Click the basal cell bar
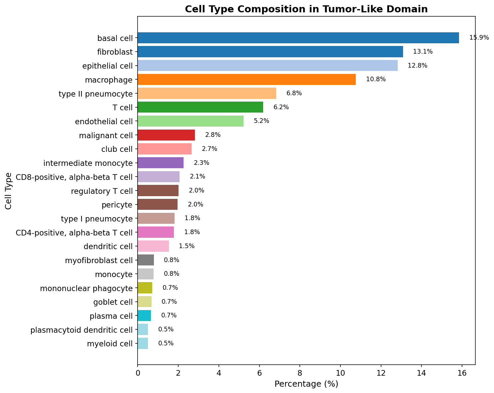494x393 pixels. pyautogui.click(x=298, y=38)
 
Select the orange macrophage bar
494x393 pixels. pyautogui.click(x=247, y=80)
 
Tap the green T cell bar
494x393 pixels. pyautogui.click(x=200, y=107)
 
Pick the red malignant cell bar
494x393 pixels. pyautogui.click(x=166, y=135)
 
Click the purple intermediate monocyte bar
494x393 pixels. pyautogui.click(x=161, y=163)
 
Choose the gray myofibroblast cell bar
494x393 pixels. pyautogui.click(x=146, y=260)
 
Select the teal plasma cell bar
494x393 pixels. pyautogui.click(x=144, y=315)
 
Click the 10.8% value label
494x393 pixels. pyautogui.click(x=376, y=80)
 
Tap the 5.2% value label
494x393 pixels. pyautogui.click(x=261, y=121)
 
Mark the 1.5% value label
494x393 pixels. pyautogui.click(x=187, y=246)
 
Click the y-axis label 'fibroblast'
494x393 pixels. pyautogui.click(x=115, y=52)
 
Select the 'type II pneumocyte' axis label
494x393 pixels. pyautogui.click(x=96, y=94)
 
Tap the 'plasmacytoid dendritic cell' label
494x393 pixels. pyautogui.click(x=81, y=330)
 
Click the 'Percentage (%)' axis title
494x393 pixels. pyautogui.click(x=306, y=384)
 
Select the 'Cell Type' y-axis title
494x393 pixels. pyautogui.click(x=9, y=191)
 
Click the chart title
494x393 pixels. pyautogui.click(x=306, y=9)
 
